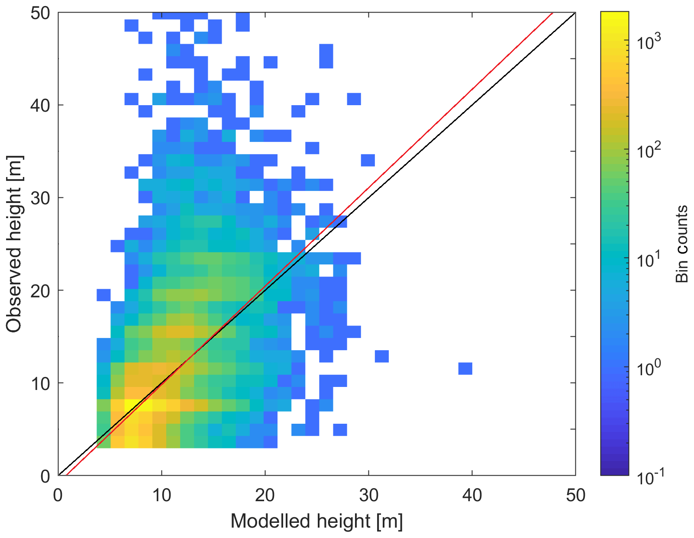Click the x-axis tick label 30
pyautogui.click(x=368, y=495)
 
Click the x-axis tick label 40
pyautogui.click(x=472, y=495)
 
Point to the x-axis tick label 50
pyautogui.click(x=575, y=495)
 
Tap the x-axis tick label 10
pyautogui.click(x=161, y=495)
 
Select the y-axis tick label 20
pyautogui.click(x=40, y=290)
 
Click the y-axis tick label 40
pyautogui.click(x=40, y=105)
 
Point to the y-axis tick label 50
pyautogui.click(x=40, y=13)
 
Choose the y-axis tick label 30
pyautogui.click(x=40, y=198)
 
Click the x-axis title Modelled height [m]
pyautogui.click(x=316, y=521)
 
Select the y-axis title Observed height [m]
pyautogui.click(x=14, y=245)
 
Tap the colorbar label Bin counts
pyautogui.click(x=682, y=244)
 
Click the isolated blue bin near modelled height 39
pyautogui.click(x=465, y=369)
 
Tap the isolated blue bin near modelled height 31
pyautogui.click(x=382, y=356)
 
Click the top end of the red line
pyautogui.click(x=552, y=13)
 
